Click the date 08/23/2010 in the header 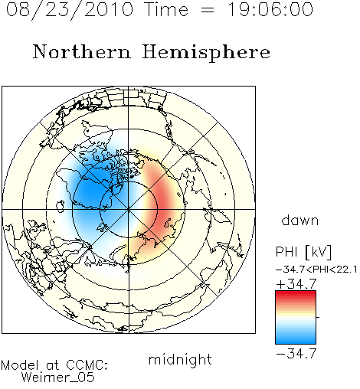pyautogui.click(x=70, y=10)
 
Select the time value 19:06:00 pyautogui.click(x=270, y=9)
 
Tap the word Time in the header pyautogui.click(x=166, y=9)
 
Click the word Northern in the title pyautogui.click(x=82, y=51)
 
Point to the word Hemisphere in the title pyautogui.click(x=206, y=53)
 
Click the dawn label pyautogui.click(x=299, y=221)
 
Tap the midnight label pyautogui.click(x=180, y=359)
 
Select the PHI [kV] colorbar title pyautogui.click(x=303, y=252)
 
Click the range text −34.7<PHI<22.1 pyautogui.click(x=316, y=270)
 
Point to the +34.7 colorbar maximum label pyautogui.click(x=296, y=284)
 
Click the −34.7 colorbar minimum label pyautogui.click(x=296, y=354)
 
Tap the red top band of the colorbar pyautogui.click(x=296, y=293)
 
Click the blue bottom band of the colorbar pyautogui.click(x=296, y=341)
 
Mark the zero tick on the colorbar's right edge pyautogui.click(x=318, y=317)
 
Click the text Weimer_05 pyautogui.click(x=58, y=378)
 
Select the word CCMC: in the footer pyautogui.click(x=87, y=365)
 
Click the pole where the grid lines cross pyautogui.click(x=129, y=209)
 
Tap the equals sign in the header pyautogui.click(x=208, y=10)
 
